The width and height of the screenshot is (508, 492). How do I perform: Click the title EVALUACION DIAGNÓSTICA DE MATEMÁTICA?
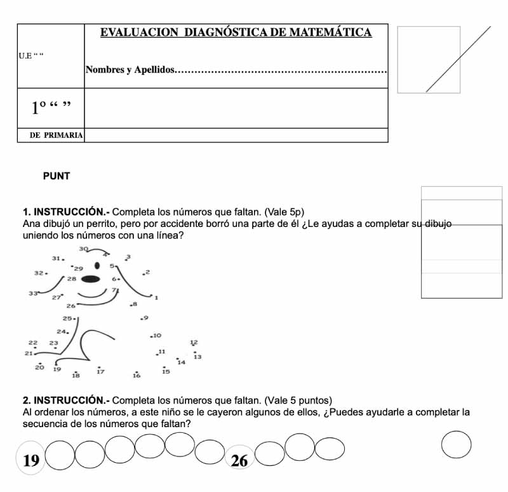(236, 32)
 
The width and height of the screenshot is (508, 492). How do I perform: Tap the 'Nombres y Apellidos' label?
(130, 69)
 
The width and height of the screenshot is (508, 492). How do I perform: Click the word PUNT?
(57, 176)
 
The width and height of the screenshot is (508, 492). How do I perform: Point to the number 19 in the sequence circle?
(30, 460)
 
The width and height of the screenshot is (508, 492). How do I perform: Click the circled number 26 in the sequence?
(239, 460)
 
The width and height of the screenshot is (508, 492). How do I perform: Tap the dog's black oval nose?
(90, 278)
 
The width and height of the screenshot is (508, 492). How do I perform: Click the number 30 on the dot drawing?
(83, 249)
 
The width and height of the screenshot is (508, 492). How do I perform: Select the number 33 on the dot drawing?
(33, 294)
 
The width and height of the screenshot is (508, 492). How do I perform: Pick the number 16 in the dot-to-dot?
(137, 376)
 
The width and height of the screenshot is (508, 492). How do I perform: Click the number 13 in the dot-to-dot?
(197, 357)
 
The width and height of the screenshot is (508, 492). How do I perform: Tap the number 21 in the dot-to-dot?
(29, 353)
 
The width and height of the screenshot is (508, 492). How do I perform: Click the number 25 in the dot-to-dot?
(67, 318)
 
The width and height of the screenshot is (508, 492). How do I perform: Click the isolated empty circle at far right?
(456, 444)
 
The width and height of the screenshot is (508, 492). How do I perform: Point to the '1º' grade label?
(40, 108)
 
